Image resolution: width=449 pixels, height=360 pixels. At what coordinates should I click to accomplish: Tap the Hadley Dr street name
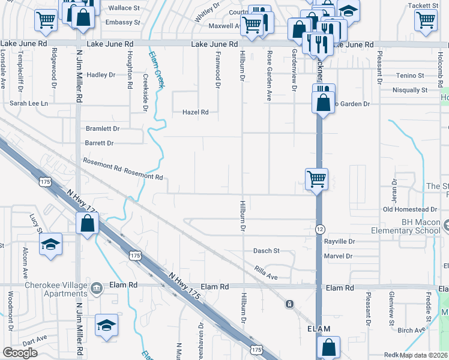[x=100, y=75]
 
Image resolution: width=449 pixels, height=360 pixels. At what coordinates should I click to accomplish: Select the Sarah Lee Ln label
[x=28, y=103]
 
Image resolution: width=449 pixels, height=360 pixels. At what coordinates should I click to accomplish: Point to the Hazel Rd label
[x=196, y=112]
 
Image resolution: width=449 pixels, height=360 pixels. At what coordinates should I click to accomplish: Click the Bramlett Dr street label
[x=103, y=128]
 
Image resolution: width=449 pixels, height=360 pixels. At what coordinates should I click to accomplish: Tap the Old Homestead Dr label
[x=410, y=209]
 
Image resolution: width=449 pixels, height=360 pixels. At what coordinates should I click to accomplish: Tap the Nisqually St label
[x=408, y=90]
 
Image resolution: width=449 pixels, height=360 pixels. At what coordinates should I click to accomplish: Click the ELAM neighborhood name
[x=319, y=329]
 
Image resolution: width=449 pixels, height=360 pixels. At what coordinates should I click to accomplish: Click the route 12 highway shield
[x=321, y=230]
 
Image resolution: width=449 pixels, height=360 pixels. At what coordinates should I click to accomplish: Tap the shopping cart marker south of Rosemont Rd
[x=316, y=178]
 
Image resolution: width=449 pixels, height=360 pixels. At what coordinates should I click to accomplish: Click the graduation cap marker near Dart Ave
[x=106, y=325]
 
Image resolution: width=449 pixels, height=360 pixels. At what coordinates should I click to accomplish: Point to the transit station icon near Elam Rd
[x=290, y=304]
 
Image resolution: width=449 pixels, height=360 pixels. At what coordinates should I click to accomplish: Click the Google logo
[x=20, y=353]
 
